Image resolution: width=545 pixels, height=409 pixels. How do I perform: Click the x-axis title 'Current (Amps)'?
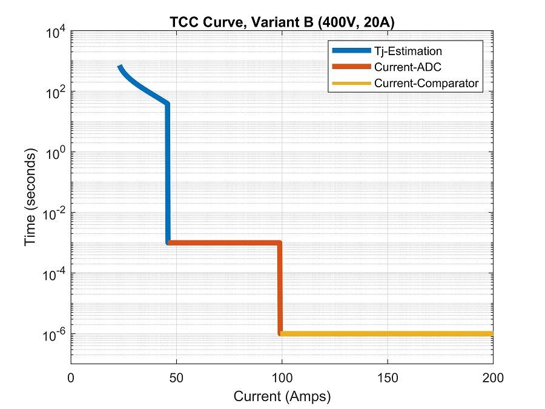point(282,397)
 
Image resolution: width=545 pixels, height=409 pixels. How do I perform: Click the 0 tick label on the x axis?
point(71,378)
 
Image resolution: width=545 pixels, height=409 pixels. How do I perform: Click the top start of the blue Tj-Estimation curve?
point(120,66)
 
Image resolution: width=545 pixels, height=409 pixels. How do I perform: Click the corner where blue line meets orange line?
point(168,242)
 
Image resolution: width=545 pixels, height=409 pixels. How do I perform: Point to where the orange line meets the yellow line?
point(280,333)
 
